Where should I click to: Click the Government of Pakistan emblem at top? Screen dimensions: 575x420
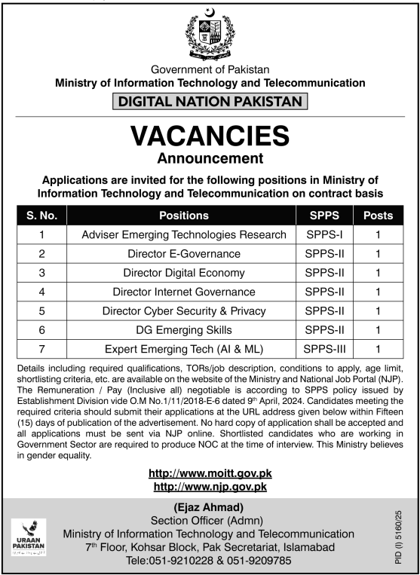click(210, 35)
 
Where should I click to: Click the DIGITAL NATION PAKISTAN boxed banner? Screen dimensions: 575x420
click(210, 100)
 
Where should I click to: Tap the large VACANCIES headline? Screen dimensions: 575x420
click(210, 136)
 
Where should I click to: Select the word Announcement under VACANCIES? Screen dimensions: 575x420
click(210, 158)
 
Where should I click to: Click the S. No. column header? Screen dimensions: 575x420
click(42, 215)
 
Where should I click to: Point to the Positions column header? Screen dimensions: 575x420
click(184, 215)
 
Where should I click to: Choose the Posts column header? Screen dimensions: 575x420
click(377, 215)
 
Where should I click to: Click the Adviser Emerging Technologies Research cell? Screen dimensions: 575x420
click(184, 234)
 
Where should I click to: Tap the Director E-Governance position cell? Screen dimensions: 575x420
click(184, 254)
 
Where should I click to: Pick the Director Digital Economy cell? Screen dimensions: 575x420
click(184, 273)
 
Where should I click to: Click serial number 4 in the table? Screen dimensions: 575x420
click(42, 292)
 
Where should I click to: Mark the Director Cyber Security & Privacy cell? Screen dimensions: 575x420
click(184, 310)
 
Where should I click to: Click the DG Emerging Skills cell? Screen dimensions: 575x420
click(184, 329)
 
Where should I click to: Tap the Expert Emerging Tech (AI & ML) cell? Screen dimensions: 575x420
click(184, 348)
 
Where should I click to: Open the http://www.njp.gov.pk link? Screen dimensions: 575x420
click(210, 487)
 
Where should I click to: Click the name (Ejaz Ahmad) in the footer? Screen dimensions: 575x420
click(210, 506)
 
